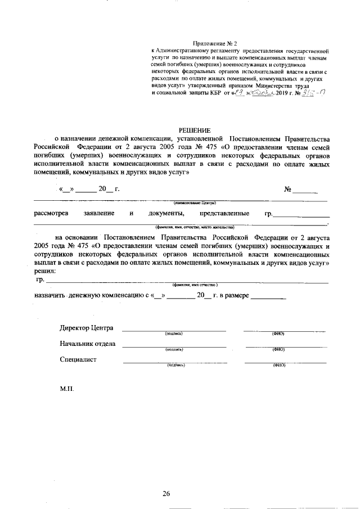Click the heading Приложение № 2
[x=215, y=43]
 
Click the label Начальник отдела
[x=88, y=344]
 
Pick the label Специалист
[x=78, y=359]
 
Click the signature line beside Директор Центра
[x=174, y=330]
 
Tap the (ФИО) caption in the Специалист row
[x=279, y=365]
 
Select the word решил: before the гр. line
[x=44, y=271]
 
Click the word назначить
[x=50, y=295]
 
